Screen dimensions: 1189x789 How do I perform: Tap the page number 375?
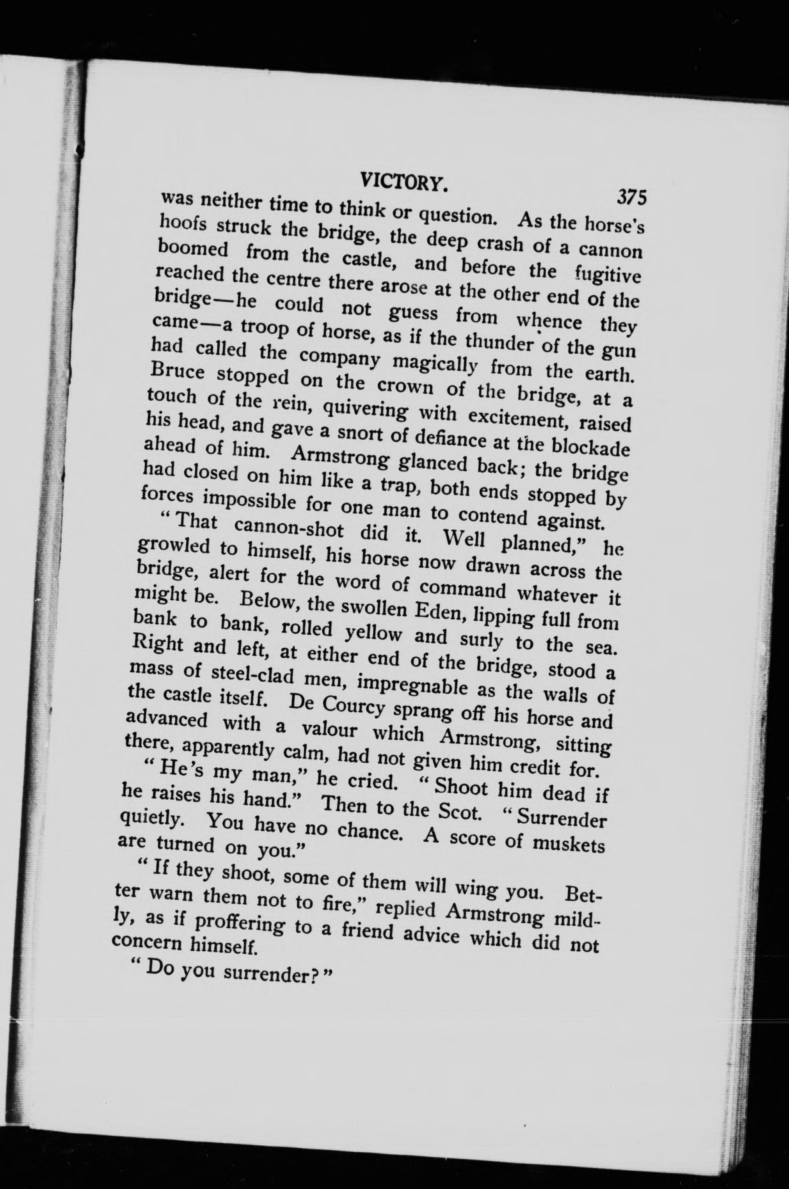coord(631,197)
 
